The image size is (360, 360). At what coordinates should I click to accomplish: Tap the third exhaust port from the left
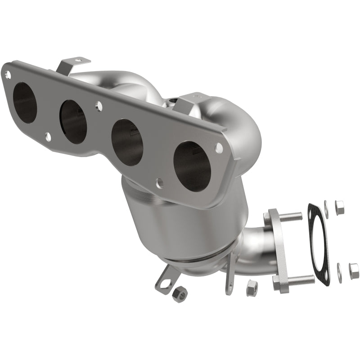tap(127, 142)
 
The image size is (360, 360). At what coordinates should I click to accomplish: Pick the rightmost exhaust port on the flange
tap(192, 164)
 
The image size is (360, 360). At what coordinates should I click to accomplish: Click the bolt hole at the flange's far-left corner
tap(7, 73)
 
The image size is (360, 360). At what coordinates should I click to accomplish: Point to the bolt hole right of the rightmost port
tap(219, 147)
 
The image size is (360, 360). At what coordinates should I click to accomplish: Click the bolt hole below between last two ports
tap(159, 182)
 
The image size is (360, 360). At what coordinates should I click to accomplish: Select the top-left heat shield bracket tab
tap(67, 65)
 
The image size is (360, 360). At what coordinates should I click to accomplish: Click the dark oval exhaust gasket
tap(319, 243)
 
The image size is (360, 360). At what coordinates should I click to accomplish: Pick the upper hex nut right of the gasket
tap(340, 207)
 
